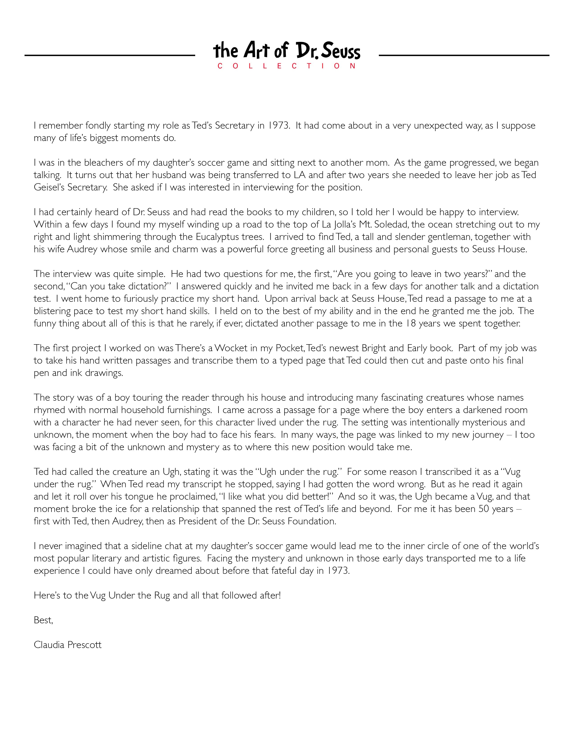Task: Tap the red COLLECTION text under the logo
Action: (x=286, y=66)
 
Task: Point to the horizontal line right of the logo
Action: (x=464, y=55)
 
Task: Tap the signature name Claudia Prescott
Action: (x=68, y=645)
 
